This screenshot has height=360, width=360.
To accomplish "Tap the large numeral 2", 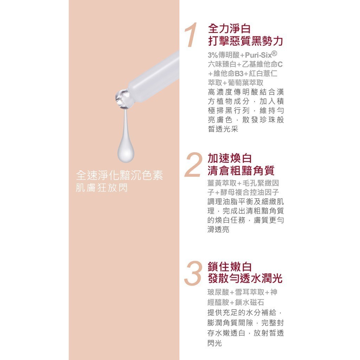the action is pos(194,165).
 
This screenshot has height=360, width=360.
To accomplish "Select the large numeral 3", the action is pos(194,274).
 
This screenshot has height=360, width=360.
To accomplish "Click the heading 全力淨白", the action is pos(229,29).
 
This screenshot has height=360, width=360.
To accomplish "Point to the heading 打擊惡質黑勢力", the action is pos(245,41).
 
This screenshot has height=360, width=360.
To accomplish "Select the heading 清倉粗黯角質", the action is pos(241,171).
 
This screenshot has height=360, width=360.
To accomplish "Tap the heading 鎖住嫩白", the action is pos(230,266).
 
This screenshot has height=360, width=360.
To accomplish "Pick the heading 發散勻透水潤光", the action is pos(245,279).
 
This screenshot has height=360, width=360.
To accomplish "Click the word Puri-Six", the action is pos(258,55).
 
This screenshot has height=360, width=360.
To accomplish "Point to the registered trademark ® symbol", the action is pos(274,53).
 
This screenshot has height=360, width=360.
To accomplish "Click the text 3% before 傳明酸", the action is pos(213,55).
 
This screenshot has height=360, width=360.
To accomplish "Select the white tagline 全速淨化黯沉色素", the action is pos(120,176).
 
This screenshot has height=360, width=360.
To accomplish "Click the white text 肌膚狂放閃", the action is pos(102,188).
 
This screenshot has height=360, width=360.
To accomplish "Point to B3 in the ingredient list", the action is pos(239,73).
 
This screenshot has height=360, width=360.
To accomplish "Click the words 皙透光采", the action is pos(223,129).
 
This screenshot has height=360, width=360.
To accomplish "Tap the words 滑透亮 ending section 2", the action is pos(218,229).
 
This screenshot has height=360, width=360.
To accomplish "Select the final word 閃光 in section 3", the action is pos(215,343).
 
